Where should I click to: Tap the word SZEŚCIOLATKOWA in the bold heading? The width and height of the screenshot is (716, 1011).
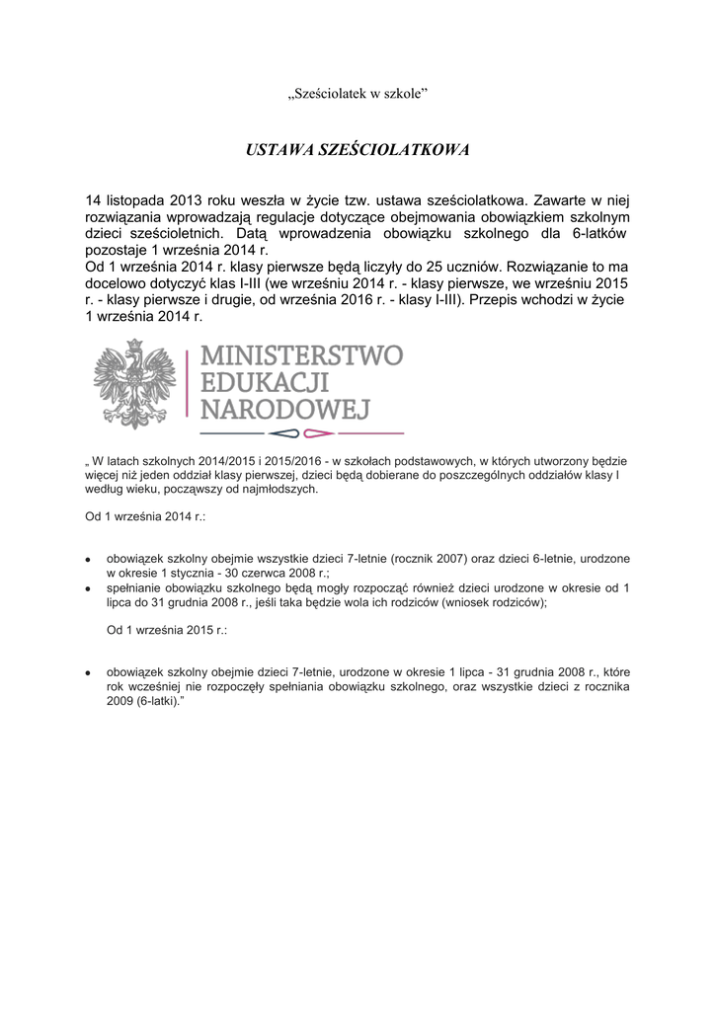(x=393, y=150)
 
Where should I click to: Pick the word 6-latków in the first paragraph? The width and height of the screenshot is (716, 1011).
(x=597, y=234)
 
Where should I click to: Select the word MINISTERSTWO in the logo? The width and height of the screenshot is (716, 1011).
(x=301, y=354)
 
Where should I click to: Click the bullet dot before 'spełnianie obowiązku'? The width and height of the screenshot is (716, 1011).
(x=89, y=587)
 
